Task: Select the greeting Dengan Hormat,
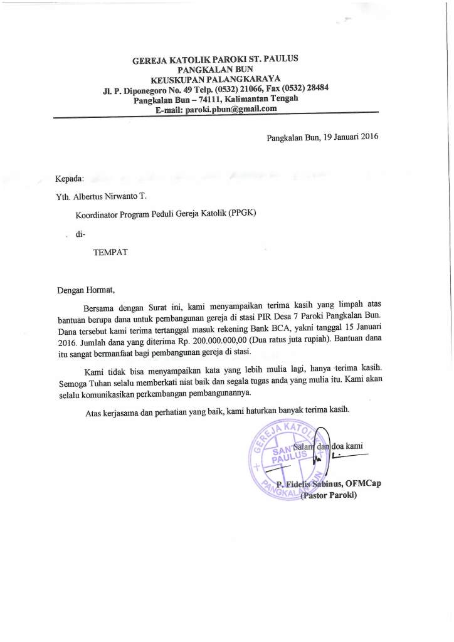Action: coord(87,290)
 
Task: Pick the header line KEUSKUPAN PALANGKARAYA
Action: coord(214,80)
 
